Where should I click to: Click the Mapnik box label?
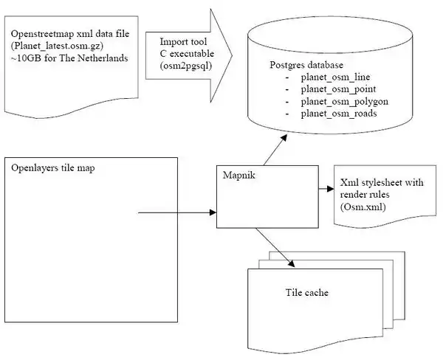click(238, 175)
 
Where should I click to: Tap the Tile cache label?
click(307, 293)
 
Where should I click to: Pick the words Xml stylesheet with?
click(382, 182)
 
